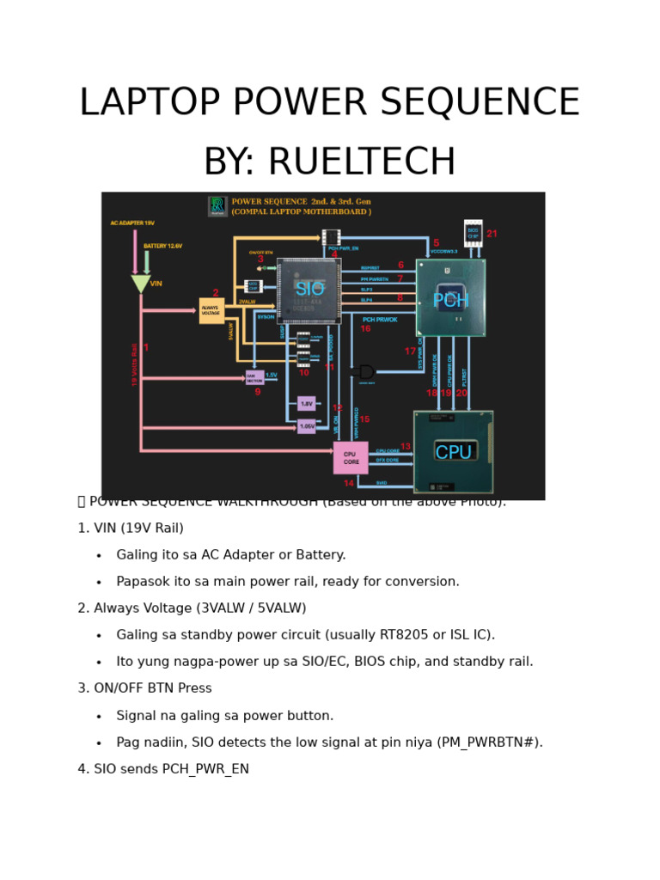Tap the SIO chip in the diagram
coord(309,290)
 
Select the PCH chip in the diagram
coord(450,298)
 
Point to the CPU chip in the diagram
coord(453,452)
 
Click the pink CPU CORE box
coord(351,458)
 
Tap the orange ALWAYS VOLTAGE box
coord(211,311)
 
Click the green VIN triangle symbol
coord(141,284)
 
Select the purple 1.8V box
coord(307,403)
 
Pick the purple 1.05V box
coord(307,426)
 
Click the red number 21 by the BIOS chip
coord(492,234)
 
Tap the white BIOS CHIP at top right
coord(473,233)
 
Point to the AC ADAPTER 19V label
coord(132,223)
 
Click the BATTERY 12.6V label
coord(162,246)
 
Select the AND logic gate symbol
coord(365,372)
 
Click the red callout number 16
coord(365,329)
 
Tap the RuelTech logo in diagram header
coord(217,206)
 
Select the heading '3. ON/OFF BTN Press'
coord(144,689)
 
